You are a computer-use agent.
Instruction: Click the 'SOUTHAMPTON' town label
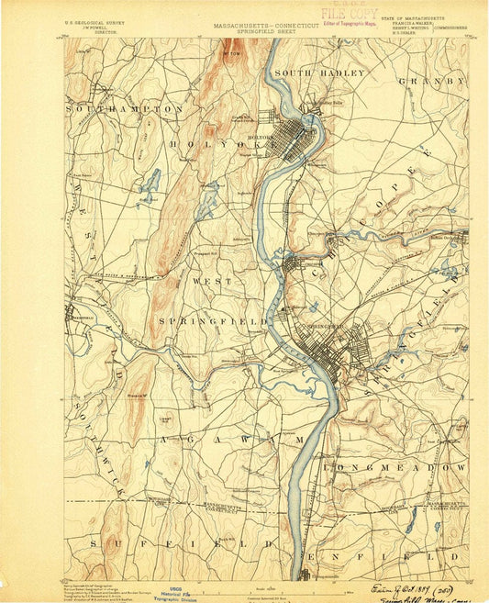[124, 108]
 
